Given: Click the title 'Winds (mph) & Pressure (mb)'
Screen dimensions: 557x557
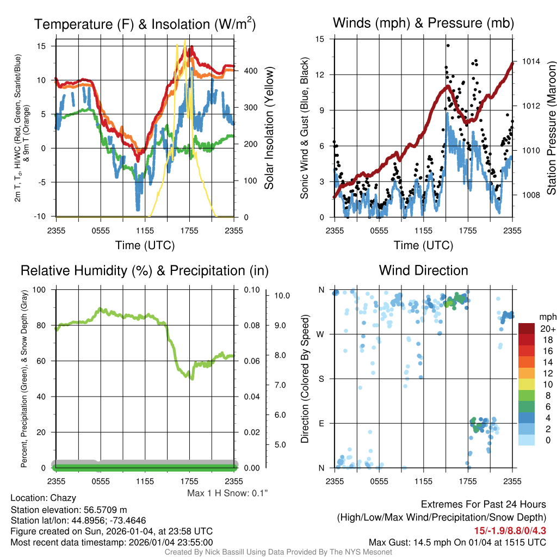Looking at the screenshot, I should click(423, 23).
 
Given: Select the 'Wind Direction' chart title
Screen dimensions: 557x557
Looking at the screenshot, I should click(423, 270).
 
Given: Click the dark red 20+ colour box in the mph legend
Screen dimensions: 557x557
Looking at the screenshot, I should click(527, 329).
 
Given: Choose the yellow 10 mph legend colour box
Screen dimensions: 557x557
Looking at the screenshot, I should click(527, 384).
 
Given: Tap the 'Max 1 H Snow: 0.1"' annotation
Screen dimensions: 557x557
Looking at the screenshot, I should click(227, 493).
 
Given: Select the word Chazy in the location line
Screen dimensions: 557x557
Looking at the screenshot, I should click(63, 498).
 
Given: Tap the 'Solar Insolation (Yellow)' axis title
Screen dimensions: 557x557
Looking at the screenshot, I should click(269, 128).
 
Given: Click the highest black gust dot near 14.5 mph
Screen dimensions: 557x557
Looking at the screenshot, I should click(448, 46).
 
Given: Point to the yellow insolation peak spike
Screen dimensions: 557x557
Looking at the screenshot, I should click(185, 41).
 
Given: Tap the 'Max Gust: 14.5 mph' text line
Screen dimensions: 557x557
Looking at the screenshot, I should click(457, 542).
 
